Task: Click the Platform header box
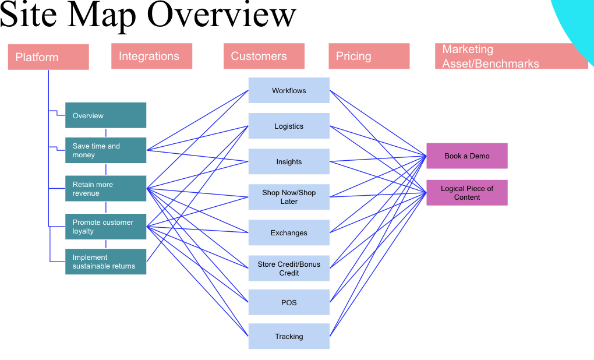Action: [48, 57]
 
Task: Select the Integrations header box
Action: [151, 57]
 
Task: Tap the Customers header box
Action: [264, 57]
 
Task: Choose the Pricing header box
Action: [369, 57]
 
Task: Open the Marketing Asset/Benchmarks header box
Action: [511, 57]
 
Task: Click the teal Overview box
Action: [105, 115]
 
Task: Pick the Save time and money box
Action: [105, 150]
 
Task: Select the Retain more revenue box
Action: [105, 189]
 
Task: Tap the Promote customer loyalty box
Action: [105, 227]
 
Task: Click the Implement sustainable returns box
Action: [105, 262]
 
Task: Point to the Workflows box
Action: [289, 90]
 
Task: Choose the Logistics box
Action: [289, 126]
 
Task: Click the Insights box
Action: [289, 161]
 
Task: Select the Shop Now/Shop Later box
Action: [289, 197]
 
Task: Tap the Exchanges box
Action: [289, 232]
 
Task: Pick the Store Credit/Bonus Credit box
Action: [289, 268]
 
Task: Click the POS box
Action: [289, 302]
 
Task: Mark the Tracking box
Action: [289, 336]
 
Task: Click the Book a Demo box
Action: [466, 156]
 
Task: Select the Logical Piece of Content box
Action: [466, 193]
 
